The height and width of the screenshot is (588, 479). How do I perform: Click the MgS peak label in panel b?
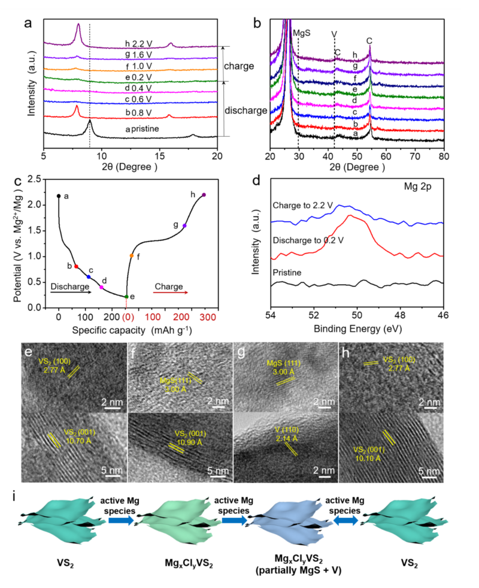click(302, 34)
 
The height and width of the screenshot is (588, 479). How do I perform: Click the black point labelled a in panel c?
click(58, 195)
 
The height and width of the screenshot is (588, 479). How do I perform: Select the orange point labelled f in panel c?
click(132, 256)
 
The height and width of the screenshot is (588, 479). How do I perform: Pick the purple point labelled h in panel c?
click(204, 195)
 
